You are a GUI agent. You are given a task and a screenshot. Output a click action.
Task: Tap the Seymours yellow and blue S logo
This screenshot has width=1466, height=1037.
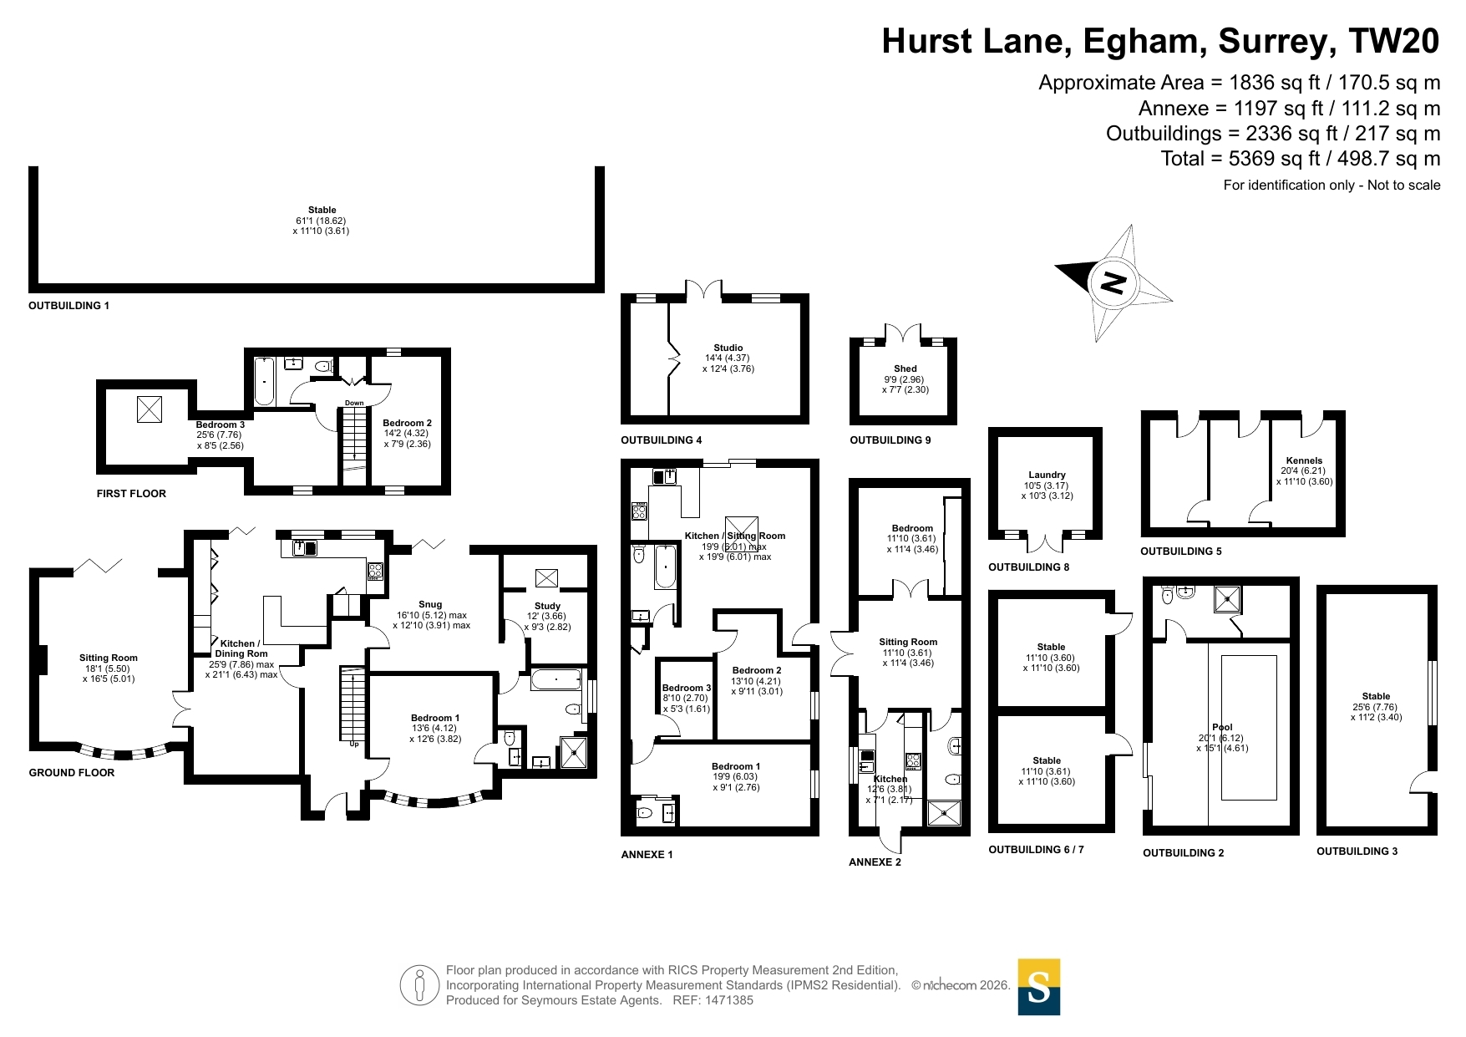1038,987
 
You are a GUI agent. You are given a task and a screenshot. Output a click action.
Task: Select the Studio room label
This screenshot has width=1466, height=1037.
728,348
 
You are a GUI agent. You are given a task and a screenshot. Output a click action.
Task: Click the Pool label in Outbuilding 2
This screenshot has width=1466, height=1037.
1222,727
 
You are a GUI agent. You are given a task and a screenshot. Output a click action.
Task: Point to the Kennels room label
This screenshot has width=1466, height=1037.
1304,460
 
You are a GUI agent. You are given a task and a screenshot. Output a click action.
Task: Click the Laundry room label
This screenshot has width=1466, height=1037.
1047,475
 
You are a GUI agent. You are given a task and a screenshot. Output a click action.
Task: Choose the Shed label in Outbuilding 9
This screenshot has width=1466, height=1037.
905,369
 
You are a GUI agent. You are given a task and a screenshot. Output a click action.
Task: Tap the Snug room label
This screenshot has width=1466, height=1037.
430,604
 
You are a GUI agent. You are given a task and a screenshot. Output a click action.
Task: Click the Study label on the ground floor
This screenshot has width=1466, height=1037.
547,606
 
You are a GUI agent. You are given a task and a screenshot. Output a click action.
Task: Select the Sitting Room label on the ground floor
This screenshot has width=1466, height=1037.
109,658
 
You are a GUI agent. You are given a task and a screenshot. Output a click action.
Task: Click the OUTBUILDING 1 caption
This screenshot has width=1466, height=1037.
69,306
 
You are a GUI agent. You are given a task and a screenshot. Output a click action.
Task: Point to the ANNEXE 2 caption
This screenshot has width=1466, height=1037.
875,862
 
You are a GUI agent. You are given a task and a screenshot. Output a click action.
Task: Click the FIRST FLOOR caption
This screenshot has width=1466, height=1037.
131,494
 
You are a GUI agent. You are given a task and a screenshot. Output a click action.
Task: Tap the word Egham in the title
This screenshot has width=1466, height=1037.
1145,41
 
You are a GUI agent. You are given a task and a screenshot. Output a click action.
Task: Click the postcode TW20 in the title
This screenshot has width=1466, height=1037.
1394,41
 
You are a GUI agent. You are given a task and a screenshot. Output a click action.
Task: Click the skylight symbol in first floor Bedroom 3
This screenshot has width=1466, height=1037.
150,409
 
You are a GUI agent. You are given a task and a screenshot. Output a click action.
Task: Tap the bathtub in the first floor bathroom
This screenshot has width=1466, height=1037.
264,382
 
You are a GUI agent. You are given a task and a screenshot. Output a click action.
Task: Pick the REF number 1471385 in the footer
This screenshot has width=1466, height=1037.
729,1000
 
